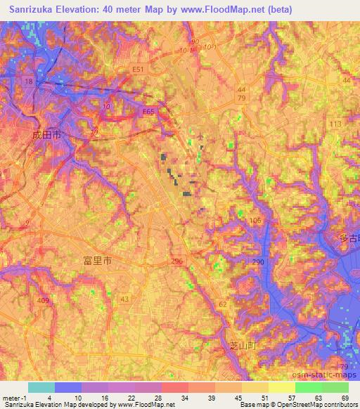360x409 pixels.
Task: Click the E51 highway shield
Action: (138, 70)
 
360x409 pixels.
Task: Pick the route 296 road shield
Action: (176, 261)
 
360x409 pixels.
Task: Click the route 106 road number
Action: (255, 221)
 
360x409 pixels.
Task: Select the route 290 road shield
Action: (258, 261)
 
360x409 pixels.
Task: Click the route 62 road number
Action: (223, 304)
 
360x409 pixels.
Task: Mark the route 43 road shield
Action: (124, 300)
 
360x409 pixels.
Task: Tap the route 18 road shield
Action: (28, 82)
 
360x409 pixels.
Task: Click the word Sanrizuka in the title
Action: (33, 10)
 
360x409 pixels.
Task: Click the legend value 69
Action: (344, 397)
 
